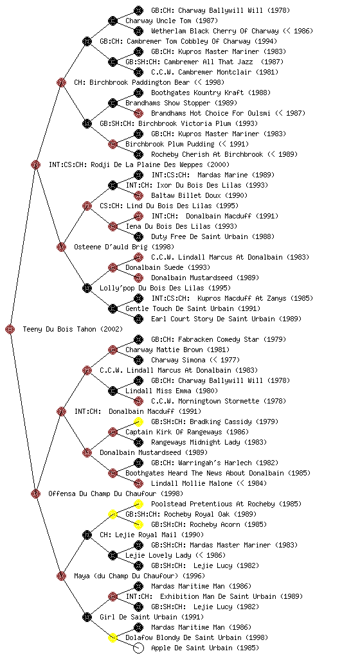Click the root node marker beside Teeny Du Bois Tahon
point(10,330)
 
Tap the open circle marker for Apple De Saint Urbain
point(138,648)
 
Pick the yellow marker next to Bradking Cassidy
point(138,422)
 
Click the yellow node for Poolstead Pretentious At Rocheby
point(138,504)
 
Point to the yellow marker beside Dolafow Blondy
point(113,638)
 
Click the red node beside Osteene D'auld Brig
point(61,247)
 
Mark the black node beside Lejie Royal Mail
point(87,535)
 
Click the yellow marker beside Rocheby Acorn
point(138,524)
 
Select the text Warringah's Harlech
point(214,463)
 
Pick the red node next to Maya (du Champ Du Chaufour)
point(61,576)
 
